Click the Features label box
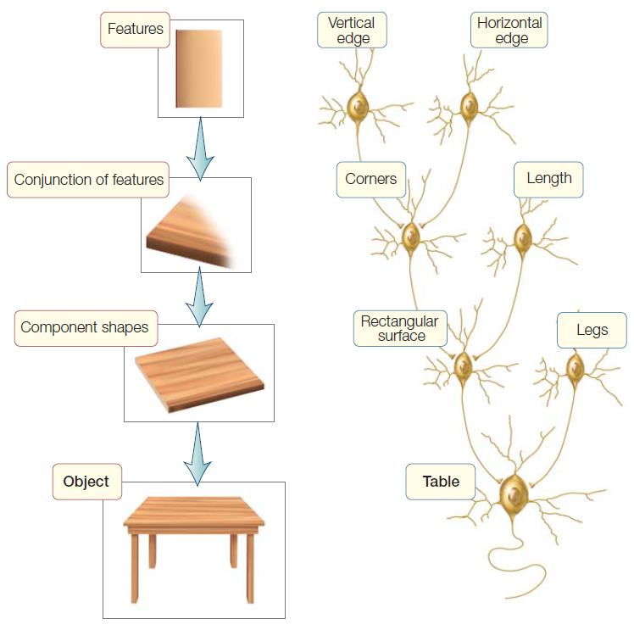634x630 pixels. pos(136,30)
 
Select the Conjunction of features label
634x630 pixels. pos(89,180)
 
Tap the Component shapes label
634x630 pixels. pos(85,327)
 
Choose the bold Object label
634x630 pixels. pos(86,482)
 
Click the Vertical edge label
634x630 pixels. pos(352,31)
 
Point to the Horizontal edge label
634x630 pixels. pos(509,31)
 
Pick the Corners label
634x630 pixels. pos(371,180)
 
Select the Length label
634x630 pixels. pos(548,179)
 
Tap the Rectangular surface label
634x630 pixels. pos(399,329)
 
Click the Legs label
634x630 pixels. pos(592,330)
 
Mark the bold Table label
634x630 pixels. pos(441,482)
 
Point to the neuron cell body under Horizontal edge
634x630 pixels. pos(470,106)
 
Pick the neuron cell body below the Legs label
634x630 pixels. pos(576,367)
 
